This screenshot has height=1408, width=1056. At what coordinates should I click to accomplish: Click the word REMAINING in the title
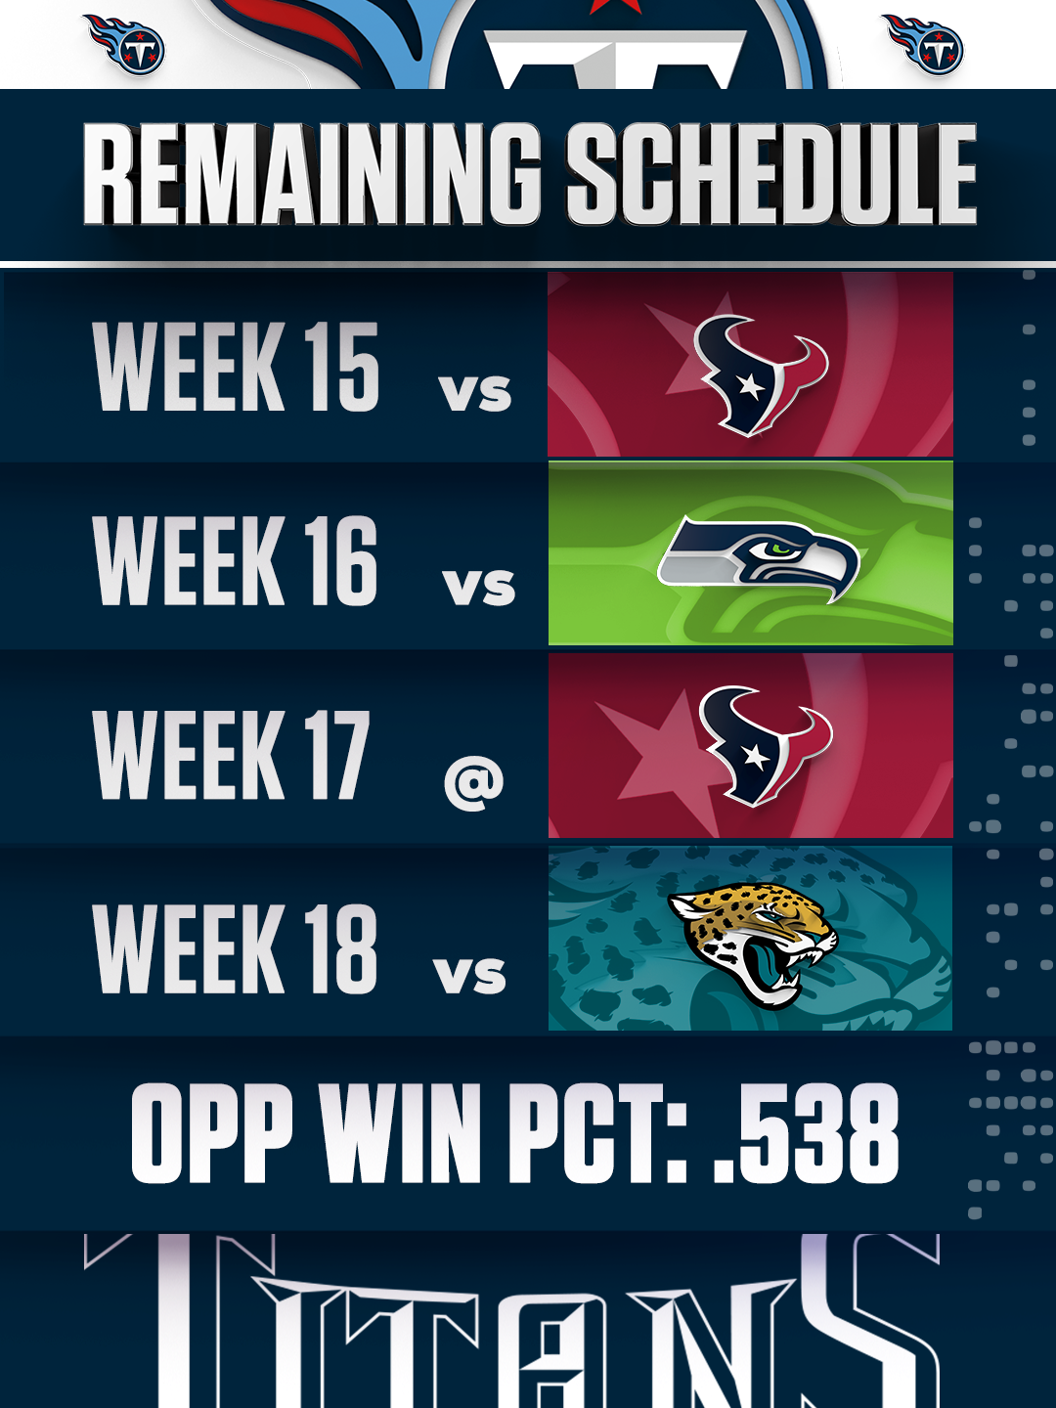[311, 174]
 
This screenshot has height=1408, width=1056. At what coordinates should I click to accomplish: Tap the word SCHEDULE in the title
[771, 174]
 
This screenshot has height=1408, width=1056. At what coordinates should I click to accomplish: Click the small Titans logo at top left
[125, 44]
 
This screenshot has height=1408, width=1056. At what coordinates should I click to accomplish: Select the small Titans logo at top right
[924, 44]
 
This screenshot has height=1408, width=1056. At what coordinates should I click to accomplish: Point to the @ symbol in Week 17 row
[474, 782]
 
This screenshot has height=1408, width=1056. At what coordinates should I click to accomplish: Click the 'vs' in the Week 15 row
[475, 392]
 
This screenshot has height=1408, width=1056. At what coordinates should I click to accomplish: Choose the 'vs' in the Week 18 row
[470, 975]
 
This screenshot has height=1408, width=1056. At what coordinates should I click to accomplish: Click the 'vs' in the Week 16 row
[479, 587]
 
